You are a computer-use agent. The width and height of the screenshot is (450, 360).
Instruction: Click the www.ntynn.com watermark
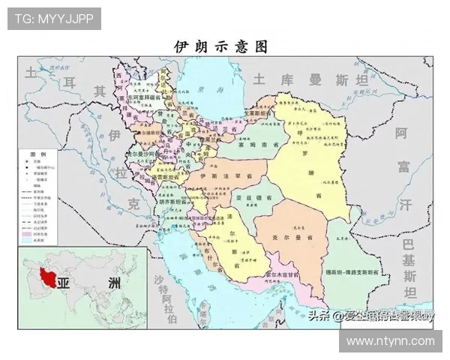pos(391,341)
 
